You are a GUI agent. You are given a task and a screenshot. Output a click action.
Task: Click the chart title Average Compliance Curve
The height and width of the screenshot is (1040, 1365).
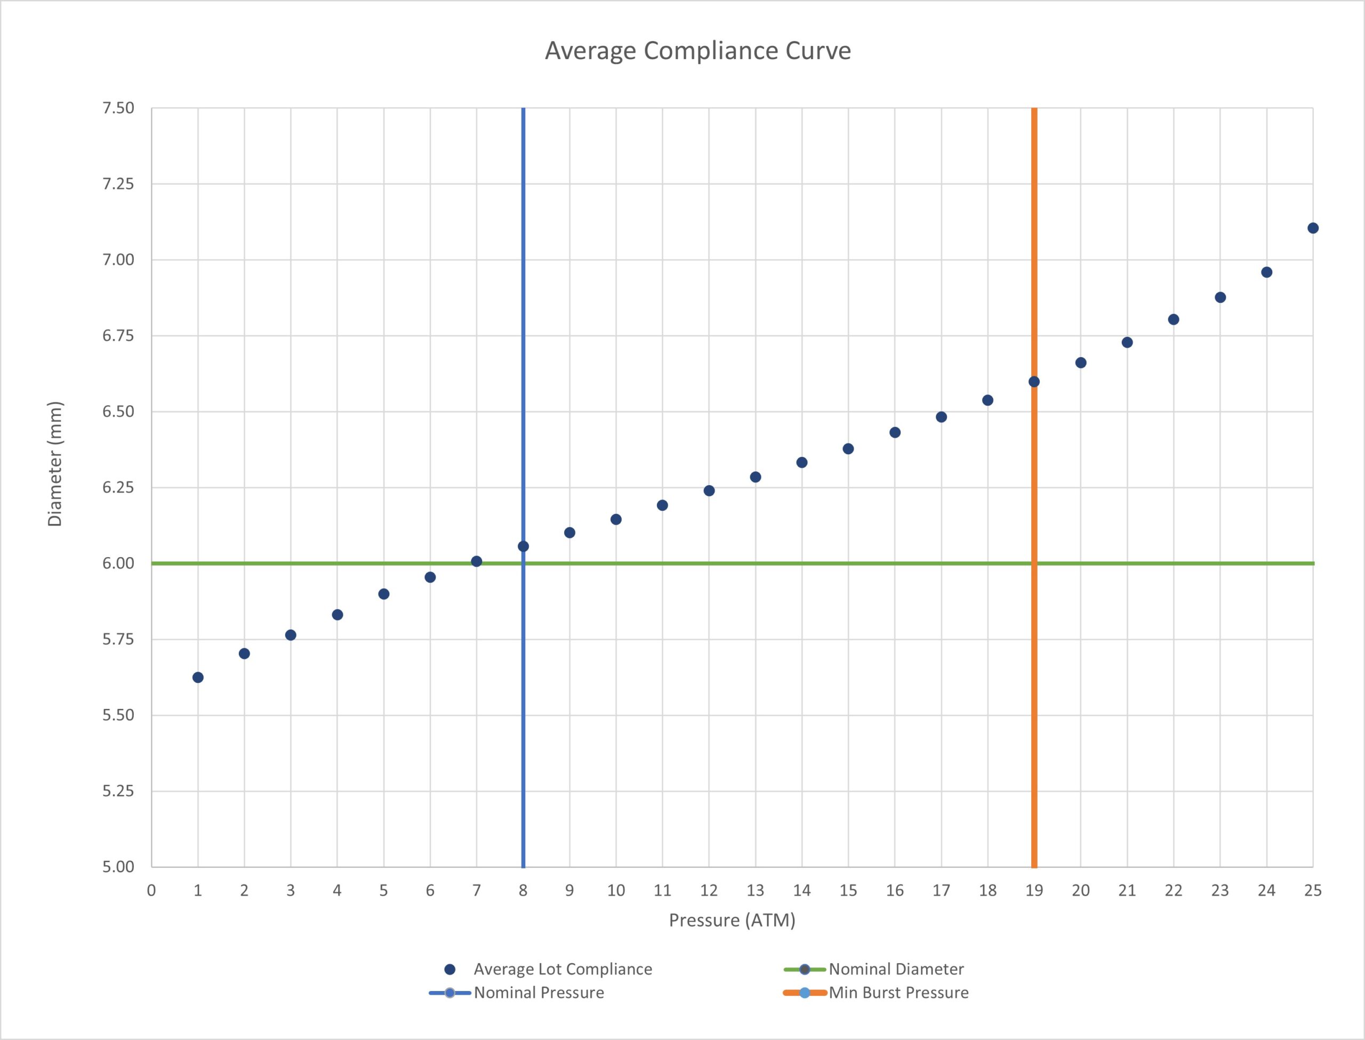tap(697, 51)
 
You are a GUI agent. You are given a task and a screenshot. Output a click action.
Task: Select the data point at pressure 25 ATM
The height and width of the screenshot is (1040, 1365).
tap(1313, 228)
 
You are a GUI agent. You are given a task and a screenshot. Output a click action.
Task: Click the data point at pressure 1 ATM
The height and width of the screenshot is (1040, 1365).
tap(198, 677)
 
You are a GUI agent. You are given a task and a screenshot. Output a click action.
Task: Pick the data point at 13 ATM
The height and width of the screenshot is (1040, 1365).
tap(755, 477)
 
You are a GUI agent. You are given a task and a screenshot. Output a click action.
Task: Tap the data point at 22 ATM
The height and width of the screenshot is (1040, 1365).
tap(1174, 319)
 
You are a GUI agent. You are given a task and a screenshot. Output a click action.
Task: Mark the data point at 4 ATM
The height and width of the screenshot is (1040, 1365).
tap(338, 615)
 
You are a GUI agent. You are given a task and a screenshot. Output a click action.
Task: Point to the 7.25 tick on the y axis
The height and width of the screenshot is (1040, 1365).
tap(118, 184)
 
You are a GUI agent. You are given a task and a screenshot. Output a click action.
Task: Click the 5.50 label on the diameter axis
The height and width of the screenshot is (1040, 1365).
tap(118, 715)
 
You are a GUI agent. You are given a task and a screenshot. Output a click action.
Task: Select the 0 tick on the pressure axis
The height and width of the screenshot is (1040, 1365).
tap(151, 891)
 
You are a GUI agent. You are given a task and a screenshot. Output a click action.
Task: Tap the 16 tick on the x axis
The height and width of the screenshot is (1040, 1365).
tap(895, 891)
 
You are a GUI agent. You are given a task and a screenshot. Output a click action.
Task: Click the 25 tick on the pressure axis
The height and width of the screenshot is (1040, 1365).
tap(1313, 891)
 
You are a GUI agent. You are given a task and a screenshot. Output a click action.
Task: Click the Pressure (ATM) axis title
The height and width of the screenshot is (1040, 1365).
tap(732, 921)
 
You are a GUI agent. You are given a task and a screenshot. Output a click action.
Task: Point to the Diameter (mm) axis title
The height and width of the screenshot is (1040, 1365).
tap(55, 464)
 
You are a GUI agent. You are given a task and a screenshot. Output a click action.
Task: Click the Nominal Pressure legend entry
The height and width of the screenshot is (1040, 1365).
tap(516, 993)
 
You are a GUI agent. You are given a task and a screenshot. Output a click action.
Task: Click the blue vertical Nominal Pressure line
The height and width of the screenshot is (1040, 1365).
tap(524, 487)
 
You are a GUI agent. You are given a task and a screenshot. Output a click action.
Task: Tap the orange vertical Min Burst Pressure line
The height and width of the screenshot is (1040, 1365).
tap(1034, 487)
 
